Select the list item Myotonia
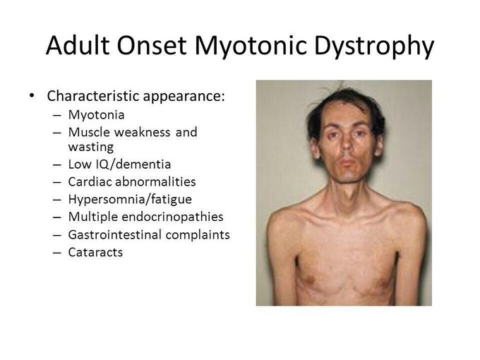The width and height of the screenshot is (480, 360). (x=94, y=114)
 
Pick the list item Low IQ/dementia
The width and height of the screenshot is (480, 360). (x=119, y=165)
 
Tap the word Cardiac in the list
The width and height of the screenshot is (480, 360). (x=90, y=182)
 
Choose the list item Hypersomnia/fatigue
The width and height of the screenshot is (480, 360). (x=129, y=200)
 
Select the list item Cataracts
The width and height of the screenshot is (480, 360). (x=95, y=252)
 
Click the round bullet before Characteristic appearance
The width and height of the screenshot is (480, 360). (x=31, y=96)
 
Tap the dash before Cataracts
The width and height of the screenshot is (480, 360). (x=56, y=253)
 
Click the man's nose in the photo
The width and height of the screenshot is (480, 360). (x=345, y=150)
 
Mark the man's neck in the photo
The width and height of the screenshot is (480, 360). (x=346, y=189)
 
